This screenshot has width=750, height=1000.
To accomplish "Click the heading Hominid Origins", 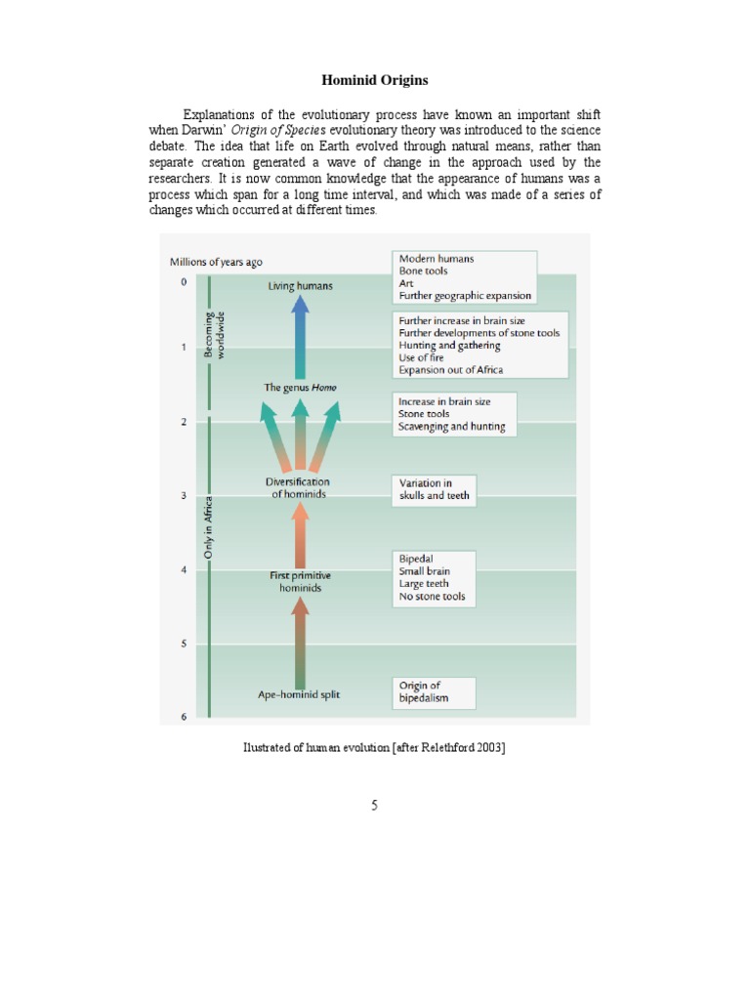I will point(374,79).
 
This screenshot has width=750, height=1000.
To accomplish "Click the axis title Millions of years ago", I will point(216,262).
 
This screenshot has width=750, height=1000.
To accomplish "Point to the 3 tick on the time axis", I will point(184,496).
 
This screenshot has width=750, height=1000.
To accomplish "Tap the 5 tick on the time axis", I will point(184,645).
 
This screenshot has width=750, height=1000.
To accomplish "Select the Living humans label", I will point(300,286).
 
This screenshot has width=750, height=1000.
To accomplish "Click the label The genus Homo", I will point(300,388).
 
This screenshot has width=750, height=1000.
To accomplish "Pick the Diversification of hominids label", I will point(299,488).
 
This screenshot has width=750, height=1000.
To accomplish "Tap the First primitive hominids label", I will point(300,582).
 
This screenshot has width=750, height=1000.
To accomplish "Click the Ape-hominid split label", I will point(299,695).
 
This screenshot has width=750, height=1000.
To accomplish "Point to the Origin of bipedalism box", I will point(434,692).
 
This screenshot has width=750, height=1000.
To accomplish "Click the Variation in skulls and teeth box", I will point(434,489).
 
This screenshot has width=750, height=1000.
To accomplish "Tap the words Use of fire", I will point(421,357).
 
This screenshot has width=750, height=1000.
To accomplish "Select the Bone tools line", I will point(423,271).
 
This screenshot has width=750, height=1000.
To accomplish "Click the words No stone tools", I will point(432,597).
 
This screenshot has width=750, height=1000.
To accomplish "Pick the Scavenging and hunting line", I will point(451,427).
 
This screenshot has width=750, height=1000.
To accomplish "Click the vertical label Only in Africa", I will point(208,528).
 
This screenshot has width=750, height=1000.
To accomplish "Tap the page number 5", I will point(374,806).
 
